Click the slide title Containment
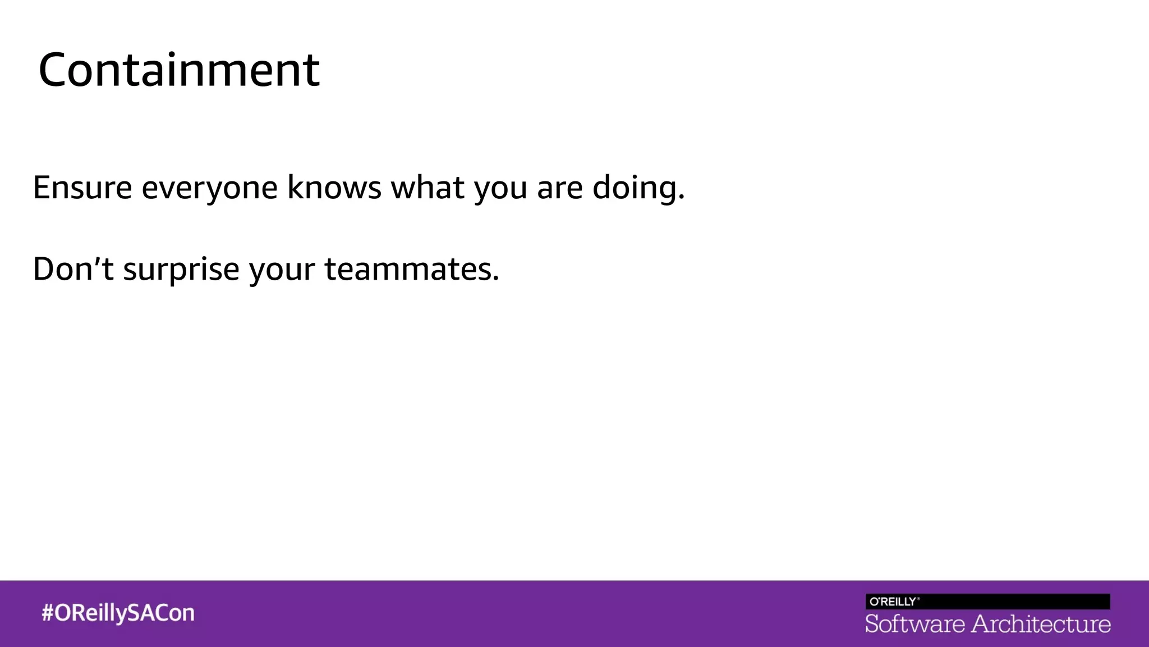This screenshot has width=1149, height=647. pyautogui.click(x=179, y=70)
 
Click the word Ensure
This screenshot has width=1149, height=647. pyautogui.click(x=82, y=188)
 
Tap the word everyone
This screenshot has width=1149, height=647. pyautogui.click(x=209, y=189)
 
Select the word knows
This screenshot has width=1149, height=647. pyautogui.click(x=334, y=188)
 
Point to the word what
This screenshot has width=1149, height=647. pyautogui.click(x=428, y=188)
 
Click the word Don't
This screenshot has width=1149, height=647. pyautogui.click(x=73, y=268)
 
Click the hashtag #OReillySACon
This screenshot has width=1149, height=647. pyautogui.click(x=118, y=613)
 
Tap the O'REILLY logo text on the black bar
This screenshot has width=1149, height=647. pyautogui.click(x=893, y=602)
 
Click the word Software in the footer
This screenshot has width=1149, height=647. pyautogui.click(x=914, y=624)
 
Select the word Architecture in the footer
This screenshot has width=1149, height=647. pyautogui.click(x=1041, y=624)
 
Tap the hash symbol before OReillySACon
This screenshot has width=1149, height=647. pyautogui.click(x=48, y=613)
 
